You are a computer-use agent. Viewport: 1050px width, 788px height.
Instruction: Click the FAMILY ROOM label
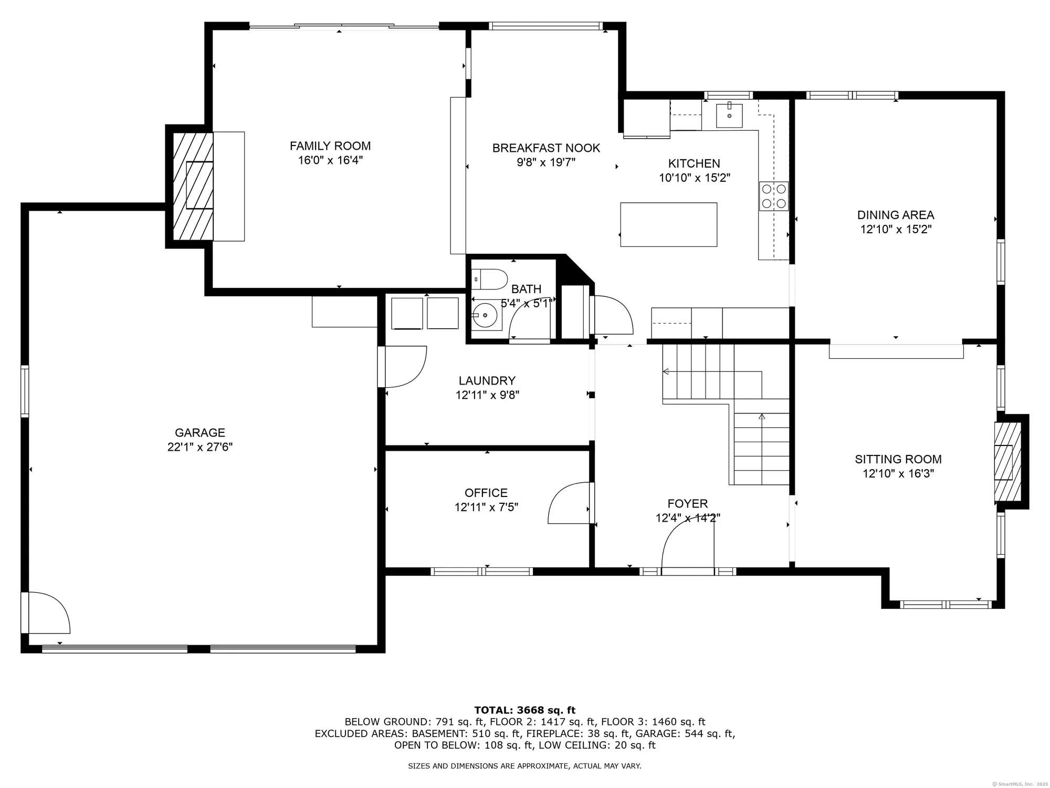330,146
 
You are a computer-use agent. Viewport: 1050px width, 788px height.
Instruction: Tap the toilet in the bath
489,279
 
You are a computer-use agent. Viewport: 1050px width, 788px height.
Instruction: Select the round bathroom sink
486,315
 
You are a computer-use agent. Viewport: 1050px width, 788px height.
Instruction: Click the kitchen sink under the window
730,116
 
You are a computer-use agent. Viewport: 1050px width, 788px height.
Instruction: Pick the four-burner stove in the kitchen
774,196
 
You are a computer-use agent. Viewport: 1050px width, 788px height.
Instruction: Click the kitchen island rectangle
669,224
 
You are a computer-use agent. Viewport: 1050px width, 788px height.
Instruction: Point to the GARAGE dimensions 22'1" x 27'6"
200,447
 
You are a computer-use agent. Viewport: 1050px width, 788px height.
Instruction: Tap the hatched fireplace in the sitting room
1008,462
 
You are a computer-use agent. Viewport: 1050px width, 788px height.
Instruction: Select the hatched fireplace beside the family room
193,186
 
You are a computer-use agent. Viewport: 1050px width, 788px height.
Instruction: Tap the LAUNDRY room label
487,381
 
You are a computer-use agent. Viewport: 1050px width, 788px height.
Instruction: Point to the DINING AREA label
896,215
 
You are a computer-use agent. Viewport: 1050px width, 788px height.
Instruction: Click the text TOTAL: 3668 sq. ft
525,710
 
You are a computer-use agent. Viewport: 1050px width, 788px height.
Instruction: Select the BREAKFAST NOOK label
546,148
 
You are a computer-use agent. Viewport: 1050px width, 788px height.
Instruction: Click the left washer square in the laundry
407,314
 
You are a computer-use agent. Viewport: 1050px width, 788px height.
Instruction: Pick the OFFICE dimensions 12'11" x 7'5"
487,507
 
